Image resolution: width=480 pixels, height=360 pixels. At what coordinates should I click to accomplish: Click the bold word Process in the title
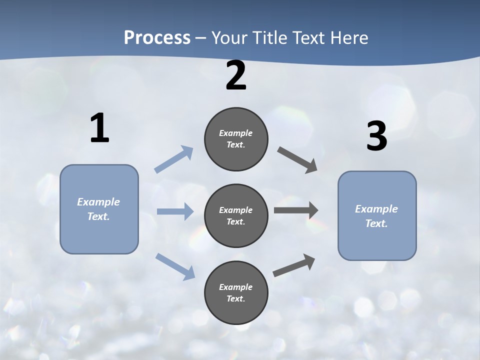[157, 37]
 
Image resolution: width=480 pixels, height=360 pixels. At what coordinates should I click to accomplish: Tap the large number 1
[99, 128]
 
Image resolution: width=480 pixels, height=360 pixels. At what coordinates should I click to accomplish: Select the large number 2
[236, 75]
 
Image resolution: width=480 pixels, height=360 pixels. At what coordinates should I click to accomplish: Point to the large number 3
[376, 136]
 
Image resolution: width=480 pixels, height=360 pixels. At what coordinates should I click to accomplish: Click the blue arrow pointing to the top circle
[173, 159]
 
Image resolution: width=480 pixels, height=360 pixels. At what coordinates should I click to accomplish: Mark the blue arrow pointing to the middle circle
[174, 211]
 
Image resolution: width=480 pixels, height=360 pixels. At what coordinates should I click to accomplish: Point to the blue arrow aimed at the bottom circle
[175, 266]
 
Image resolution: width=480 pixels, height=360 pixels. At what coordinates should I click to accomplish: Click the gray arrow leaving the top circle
[297, 159]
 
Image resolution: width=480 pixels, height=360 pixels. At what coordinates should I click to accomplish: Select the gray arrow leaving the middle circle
[295, 210]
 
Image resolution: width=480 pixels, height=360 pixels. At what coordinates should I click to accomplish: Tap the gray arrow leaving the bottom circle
[294, 265]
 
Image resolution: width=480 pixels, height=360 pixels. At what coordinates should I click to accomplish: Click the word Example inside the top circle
[236, 133]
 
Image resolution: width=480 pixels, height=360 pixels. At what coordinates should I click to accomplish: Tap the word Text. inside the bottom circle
[236, 298]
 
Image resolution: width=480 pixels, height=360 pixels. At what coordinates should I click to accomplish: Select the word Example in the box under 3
[376, 209]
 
